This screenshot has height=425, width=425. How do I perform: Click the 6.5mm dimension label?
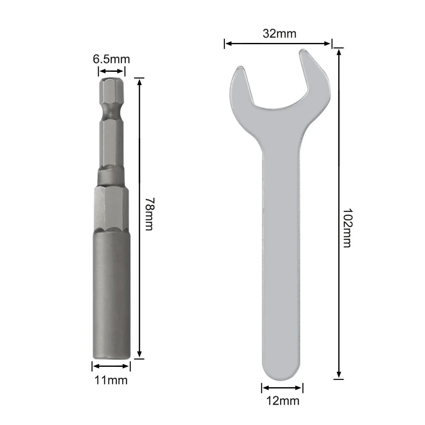111,59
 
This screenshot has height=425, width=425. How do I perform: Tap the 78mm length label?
148,213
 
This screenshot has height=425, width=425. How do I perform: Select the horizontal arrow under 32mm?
278,43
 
